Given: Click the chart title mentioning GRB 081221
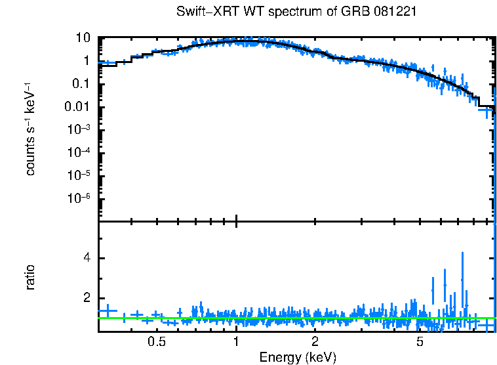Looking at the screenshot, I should coord(296,12).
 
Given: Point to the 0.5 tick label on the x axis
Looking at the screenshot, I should coord(156,341).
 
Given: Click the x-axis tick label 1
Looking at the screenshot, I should coord(236,341).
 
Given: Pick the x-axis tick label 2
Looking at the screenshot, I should coord(315,341).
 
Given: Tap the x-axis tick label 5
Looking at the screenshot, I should coord(420,341).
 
